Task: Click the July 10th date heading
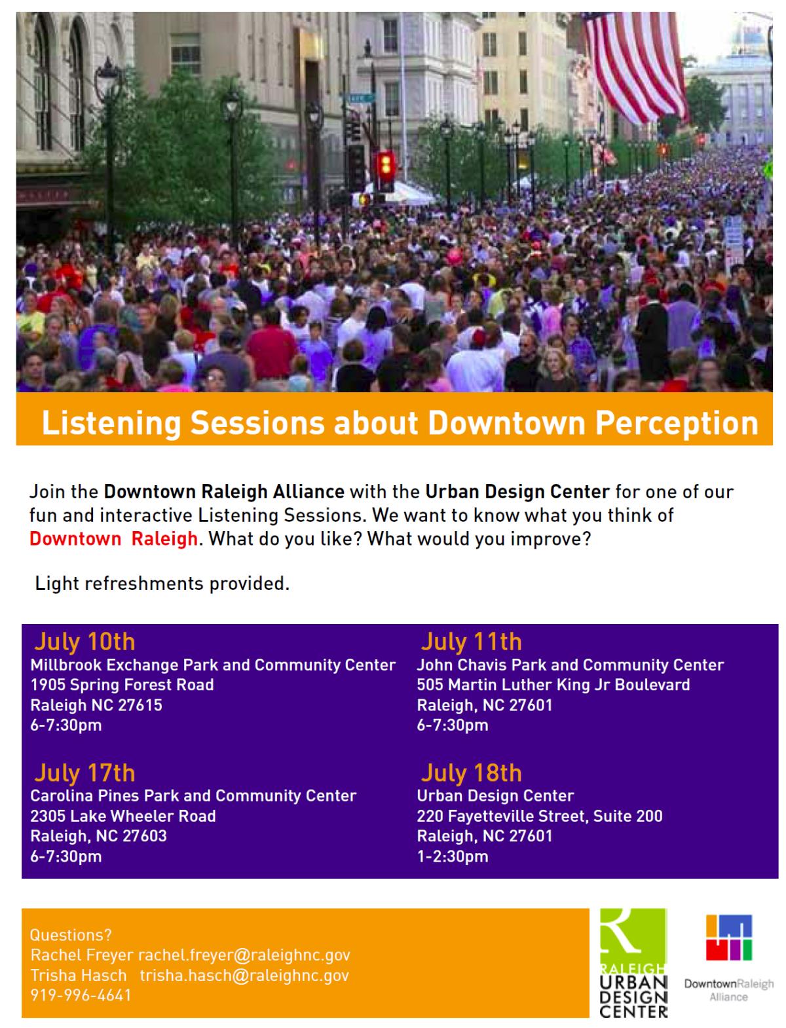tap(84, 642)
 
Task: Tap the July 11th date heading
tap(471, 642)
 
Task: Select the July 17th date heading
tap(84, 773)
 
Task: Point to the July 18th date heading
tap(471, 773)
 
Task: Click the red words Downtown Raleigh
tap(113, 539)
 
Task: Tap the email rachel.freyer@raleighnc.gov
tap(244, 955)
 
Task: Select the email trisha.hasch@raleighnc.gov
tap(244, 975)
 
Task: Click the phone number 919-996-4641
tap(81, 995)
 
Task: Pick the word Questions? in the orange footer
tap(71, 935)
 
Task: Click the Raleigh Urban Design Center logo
tap(633, 963)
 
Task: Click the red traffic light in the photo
tap(386, 166)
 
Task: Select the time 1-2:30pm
tap(453, 856)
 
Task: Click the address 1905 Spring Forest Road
tap(122, 685)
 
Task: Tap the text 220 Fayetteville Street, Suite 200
tap(540, 817)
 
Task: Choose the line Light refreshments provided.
tap(162, 583)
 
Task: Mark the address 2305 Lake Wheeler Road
tap(122, 817)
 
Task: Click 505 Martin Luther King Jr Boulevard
tap(553, 685)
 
